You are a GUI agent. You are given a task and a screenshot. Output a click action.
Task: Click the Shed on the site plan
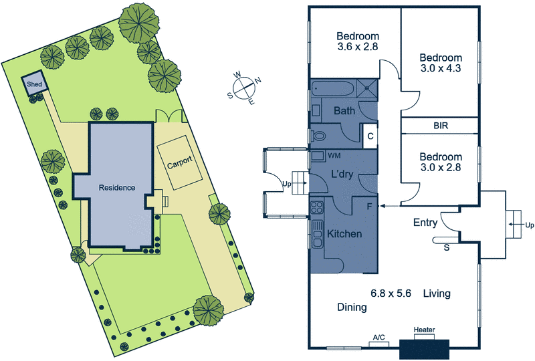[x=33, y=84]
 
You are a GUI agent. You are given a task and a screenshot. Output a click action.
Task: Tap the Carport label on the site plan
[x=180, y=162]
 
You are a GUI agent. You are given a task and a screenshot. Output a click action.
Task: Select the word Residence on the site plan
[x=117, y=188]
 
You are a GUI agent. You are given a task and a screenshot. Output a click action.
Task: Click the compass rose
[x=245, y=88]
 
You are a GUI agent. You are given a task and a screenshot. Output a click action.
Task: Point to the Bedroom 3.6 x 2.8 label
[x=358, y=41]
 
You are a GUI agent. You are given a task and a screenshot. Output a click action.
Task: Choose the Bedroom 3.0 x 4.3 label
[x=440, y=64]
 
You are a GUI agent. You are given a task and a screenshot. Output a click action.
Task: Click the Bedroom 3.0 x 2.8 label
[x=440, y=162]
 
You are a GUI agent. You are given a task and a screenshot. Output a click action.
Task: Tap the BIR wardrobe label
[x=441, y=125]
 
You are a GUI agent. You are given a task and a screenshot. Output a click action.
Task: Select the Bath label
[x=344, y=110]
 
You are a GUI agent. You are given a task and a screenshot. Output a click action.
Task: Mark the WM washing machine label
[x=334, y=155]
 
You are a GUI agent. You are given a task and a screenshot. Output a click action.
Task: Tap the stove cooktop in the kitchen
[x=316, y=208]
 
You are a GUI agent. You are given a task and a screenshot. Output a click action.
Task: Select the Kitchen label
[x=344, y=234]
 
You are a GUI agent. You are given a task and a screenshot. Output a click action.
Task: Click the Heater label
[x=425, y=330]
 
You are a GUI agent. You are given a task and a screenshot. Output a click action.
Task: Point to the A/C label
[x=379, y=337]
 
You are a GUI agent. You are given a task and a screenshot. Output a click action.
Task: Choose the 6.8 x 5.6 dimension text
[x=390, y=293]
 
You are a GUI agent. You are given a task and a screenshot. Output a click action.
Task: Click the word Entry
[x=425, y=223]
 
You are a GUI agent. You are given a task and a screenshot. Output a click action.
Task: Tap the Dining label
[x=352, y=308]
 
